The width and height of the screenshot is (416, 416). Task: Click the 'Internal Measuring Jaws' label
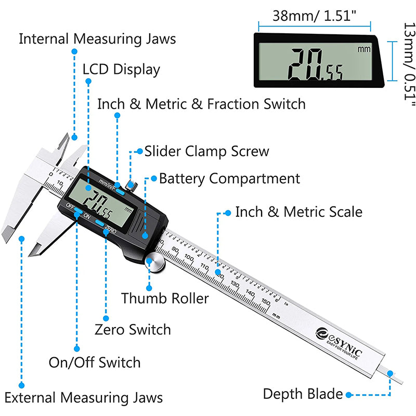click(x=97, y=39)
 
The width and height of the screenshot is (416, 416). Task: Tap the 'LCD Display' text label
click(x=121, y=69)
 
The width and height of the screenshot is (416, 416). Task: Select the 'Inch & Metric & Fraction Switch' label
click(x=201, y=104)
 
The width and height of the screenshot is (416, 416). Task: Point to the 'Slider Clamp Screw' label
click(x=206, y=151)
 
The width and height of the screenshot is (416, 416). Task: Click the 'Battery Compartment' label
click(x=229, y=179)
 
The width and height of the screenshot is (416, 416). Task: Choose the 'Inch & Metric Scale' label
click(x=298, y=212)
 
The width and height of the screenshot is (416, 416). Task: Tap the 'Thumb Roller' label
click(x=165, y=298)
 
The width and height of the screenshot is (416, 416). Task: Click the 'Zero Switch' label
click(x=133, y=330)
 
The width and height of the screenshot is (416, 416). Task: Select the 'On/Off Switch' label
click(x=95, y=362)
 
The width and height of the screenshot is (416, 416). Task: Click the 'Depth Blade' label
click(x=303, y=394)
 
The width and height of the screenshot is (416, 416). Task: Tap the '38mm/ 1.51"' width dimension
click(x=314, y=16)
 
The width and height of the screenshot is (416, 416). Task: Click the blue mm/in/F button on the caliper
click(x=121, y=191)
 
